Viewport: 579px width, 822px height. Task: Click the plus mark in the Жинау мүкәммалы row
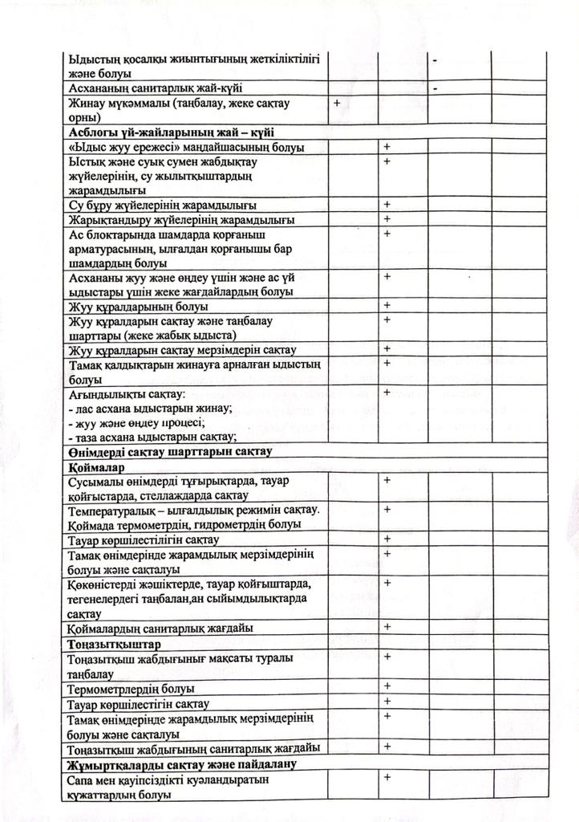point(336,104)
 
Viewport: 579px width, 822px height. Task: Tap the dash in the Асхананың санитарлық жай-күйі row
point(434,87)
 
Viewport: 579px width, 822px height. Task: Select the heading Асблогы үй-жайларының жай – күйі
point(179,132)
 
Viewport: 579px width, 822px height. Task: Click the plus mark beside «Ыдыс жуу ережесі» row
point(387,147)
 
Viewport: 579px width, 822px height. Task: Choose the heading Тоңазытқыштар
point(111,644)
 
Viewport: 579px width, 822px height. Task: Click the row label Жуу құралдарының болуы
point(138,306)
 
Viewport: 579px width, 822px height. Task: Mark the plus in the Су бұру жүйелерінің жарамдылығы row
point(387,205)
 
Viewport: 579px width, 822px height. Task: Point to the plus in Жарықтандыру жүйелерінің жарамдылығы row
point(387,219)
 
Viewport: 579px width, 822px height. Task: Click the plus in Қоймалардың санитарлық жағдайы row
point(387,626)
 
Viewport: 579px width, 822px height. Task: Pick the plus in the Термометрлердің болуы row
point(387,686)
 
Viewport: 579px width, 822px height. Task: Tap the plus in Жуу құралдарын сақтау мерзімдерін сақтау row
point(387,348)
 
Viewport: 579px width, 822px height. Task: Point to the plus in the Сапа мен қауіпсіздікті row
point(387,777)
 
